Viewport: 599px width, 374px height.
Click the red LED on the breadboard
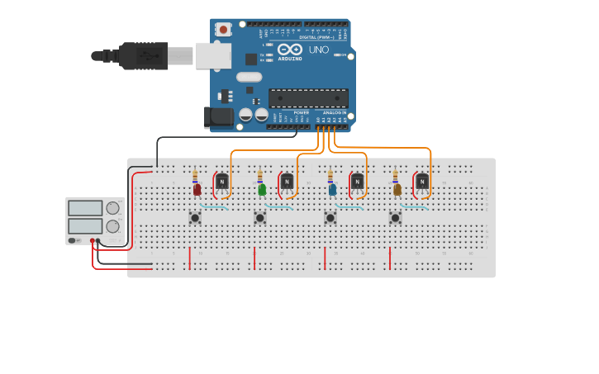pos(197,189)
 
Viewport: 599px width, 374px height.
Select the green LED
pos(262,189)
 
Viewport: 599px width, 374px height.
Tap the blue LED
pos(332,189)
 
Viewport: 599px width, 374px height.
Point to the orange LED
pos(397,189)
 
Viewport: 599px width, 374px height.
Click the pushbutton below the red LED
pos(195,218)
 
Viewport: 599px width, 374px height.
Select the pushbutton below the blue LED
pos(330,218)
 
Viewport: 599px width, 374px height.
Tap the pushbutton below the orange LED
pos(395,218)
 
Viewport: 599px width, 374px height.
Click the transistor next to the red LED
pos(221,182)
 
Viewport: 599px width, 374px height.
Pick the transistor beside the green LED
pos(287,182)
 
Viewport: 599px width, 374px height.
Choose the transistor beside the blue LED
pos(357,182)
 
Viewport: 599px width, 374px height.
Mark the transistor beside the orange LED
pos(422,182)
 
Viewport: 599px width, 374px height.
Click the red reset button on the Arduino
pos(222,29)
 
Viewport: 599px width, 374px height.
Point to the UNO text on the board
pos(319,50)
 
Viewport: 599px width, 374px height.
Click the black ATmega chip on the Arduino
pos(307,98)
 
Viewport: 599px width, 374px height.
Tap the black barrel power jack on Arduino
pos(219,117)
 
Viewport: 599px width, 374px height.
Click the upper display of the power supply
pos(85,208)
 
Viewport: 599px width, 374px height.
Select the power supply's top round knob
pos(112,208)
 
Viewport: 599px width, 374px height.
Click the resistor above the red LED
pos(195,176)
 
